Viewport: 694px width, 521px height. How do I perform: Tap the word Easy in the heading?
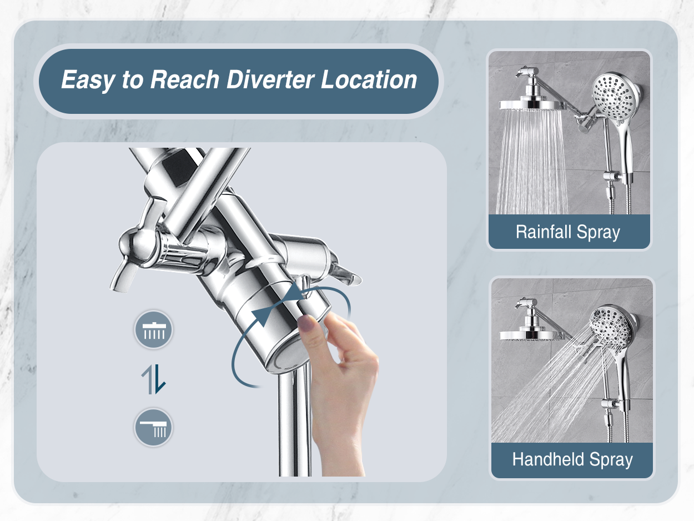(88, 81)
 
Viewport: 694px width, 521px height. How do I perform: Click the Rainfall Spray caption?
(568, 232)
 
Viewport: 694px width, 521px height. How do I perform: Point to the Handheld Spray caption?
(572, 459)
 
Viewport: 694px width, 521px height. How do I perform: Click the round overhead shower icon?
(154, 329)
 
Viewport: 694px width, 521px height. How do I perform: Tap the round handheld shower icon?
(154, 427)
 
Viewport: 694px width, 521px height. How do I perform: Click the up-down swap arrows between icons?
(154, 379)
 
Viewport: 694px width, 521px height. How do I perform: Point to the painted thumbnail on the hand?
(306, 322)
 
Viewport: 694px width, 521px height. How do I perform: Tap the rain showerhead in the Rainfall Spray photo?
(531, 105)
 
